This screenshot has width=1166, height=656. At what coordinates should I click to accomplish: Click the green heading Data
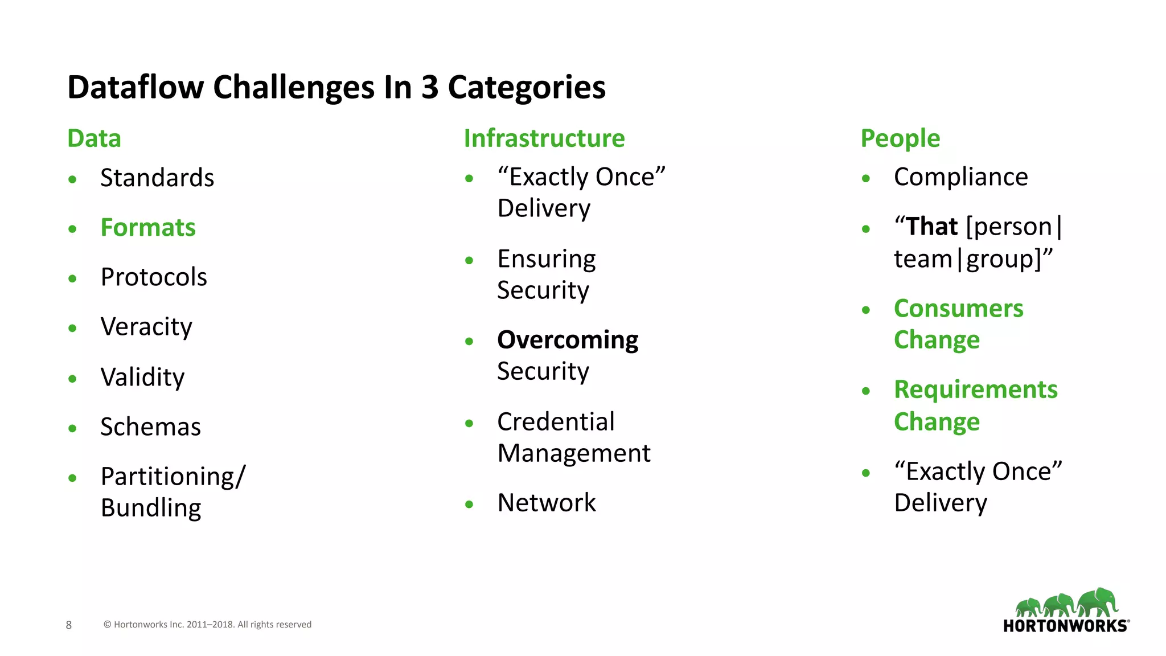click(x=94, y=138)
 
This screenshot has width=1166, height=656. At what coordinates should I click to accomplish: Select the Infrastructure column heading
click(x=544, y=138)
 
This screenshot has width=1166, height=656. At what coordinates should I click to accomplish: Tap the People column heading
click(x=900, y=138)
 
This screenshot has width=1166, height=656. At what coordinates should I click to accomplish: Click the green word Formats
click(x=148, y=228)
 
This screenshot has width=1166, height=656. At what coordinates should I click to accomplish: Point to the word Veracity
click(x=146, y=327)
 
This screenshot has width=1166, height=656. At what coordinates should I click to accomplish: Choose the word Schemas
click(x=150, y=427)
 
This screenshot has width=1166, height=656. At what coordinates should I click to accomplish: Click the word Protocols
click(x=154, y=277)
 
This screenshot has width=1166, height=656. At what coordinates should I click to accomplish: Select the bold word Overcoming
click(x=567, y=340)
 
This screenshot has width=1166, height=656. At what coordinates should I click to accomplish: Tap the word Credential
click(x=556, y=422)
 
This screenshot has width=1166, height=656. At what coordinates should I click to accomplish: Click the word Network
click(x=546, y=503)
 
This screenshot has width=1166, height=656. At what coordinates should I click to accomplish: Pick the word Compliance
click(x=960, y=177)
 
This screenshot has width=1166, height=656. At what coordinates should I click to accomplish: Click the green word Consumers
click(x=958, y=309)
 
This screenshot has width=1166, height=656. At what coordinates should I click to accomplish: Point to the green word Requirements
click(x=975, y=390)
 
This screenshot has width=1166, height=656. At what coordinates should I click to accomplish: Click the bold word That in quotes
click(x=931, y=227)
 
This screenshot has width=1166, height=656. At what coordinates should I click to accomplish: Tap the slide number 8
click(x=69, y=625)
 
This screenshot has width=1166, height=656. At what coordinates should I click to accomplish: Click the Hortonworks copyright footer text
click(x=207, y=625)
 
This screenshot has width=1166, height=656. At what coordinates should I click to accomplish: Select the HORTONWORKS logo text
click(x=1065, y=626)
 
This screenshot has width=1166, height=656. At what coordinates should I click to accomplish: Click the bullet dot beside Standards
click(x=72, y=179)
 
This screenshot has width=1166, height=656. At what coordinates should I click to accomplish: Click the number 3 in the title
click(x=430, y=88)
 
